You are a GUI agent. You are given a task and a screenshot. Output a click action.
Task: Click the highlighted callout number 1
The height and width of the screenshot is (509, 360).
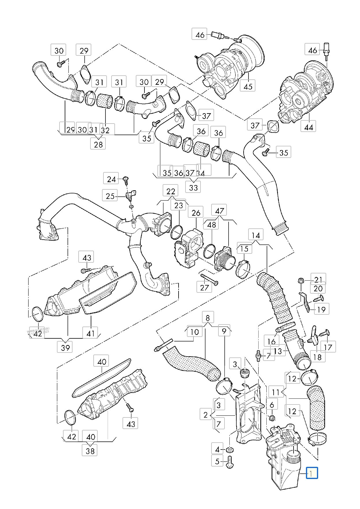[312, 473]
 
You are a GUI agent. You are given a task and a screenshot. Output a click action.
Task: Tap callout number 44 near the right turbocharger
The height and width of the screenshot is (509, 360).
[308, 126]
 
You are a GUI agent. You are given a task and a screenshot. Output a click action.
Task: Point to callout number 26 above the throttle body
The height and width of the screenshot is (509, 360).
[196, 213]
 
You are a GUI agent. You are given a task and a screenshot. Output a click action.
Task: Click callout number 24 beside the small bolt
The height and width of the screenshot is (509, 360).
[111, 179]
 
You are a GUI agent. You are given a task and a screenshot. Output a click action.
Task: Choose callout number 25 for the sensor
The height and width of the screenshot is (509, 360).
[110, 196]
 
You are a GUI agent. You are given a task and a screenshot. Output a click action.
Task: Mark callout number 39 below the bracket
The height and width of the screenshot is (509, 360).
[65, 347]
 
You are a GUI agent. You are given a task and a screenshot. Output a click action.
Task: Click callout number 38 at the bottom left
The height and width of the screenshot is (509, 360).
[90, 451]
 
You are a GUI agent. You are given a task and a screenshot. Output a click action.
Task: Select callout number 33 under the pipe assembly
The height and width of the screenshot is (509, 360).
[193, 187]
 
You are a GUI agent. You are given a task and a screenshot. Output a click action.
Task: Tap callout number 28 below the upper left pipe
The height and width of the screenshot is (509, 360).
[98, 144]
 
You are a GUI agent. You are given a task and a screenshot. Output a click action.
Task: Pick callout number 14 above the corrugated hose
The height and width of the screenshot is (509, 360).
[256, 236]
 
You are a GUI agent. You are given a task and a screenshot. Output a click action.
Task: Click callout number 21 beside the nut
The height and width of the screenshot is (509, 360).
[318, 279]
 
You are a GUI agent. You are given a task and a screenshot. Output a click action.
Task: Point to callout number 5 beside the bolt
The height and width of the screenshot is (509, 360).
[217, 461]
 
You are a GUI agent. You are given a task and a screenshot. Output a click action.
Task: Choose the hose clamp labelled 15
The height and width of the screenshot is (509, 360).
[243, 268]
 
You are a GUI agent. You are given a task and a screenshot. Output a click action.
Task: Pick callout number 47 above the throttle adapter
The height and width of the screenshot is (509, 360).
[220, 210]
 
